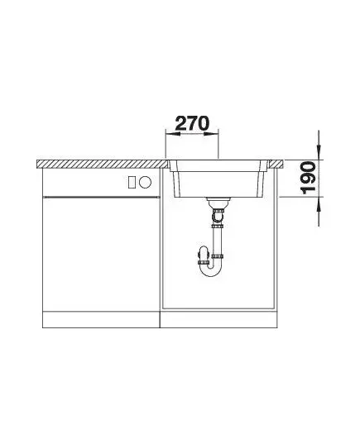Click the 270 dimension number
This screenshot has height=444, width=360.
tap(192, 123)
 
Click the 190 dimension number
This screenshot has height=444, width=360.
tap(309, 178)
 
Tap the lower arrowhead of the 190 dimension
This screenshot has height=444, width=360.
tap(319, 204)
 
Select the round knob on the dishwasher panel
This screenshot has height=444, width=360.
tap(145, 182)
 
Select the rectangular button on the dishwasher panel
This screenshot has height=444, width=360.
tap(132, 182)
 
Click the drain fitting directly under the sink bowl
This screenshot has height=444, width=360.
tap(218, 203)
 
